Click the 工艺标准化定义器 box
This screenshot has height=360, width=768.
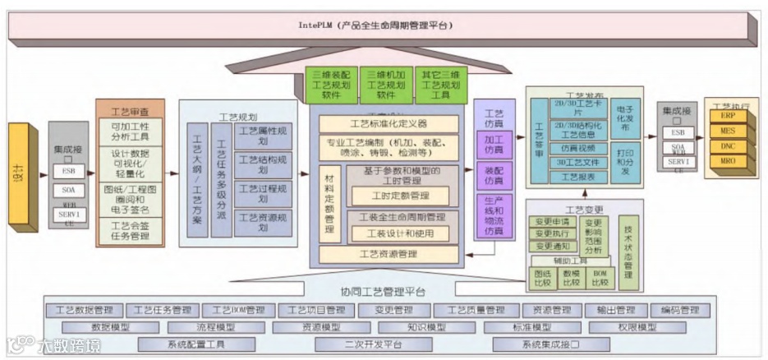pyautogui.click(x=389, y=125)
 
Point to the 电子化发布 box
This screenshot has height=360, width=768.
pyautogui.click(x=624, y=118)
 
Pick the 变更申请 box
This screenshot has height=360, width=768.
pyautogui.click(x=552, y=222)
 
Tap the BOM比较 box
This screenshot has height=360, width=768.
pyautogui.click(x=600, y=277)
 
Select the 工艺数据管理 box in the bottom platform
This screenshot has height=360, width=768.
pyautogui.click(x=84, y=311)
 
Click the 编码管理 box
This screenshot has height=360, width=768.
pyautogui.click(x=680, y=311)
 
